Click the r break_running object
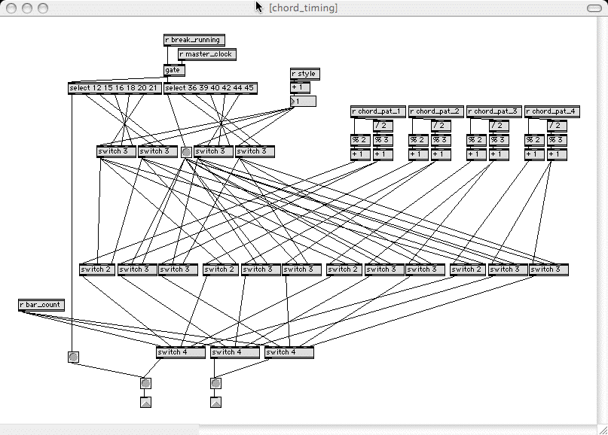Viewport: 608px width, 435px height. (x=194, y=40)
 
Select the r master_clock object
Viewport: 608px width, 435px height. (x=206, y=54)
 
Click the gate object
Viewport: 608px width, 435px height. (x=174, y=70)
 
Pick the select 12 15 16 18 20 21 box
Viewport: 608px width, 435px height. (x=115, y=88)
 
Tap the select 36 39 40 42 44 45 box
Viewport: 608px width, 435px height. (x=210, y=88)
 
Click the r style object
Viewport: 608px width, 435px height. (x=304, y=74)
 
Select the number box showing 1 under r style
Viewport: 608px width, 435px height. (x=304, y=102)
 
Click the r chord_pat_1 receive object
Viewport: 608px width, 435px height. (x=378, y=111)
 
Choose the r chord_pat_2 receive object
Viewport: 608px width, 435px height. (x=436, y=111)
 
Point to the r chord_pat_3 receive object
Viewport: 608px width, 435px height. (x=494, y=111)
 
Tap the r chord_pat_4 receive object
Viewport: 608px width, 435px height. (x=552, y=111)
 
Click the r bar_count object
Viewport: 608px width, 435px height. (x=41, y=305)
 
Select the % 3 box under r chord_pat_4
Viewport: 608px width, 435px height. (x=557, y=140)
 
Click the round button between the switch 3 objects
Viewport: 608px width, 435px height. (x=186, y=152)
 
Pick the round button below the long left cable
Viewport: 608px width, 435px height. (x=73, y=357)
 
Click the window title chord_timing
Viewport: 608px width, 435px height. (x=303, y=8)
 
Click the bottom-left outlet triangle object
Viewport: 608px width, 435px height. (x=145, y=402)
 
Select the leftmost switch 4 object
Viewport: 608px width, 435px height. (x=181, y=352)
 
